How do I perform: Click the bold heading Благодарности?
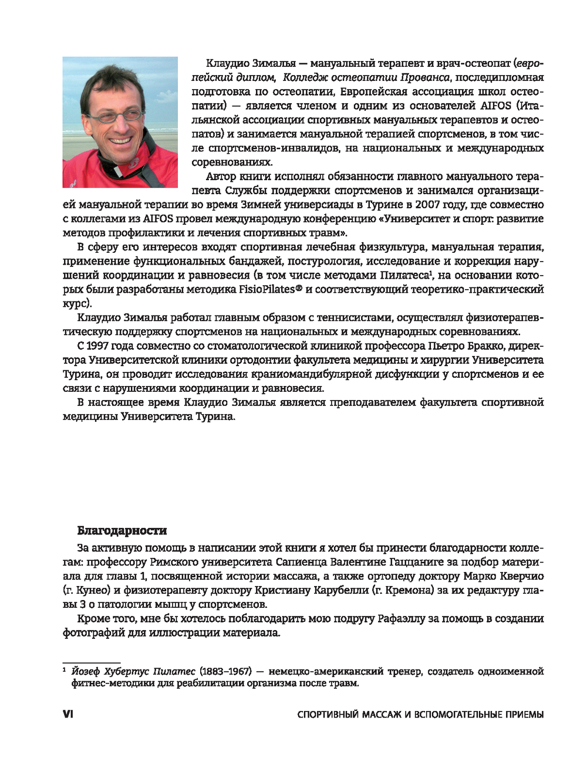click(122, 531)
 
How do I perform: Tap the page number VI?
click(68, 714)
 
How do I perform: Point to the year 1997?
click(97, 346)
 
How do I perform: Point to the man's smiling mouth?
click(122, 141)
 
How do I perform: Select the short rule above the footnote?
click(91, 663)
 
